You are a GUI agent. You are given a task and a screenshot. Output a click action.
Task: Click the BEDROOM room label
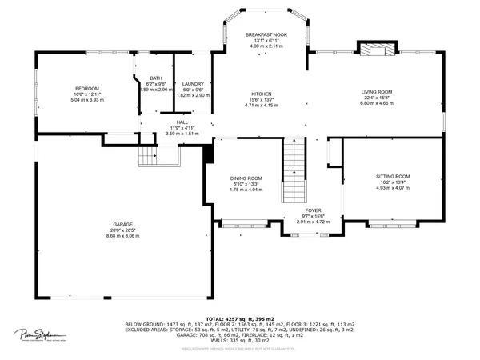pyautogui.click(x=87, y=88)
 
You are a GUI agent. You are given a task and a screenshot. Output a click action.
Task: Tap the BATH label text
pyautogui.click(x=156, y=78)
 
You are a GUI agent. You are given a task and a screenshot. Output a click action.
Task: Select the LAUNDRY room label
pyautogui.click(x=193, y=83)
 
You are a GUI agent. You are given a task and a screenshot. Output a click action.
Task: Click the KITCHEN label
pyautogui.click(x=262, y=94)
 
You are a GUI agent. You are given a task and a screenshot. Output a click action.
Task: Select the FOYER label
pyautogui.click(x=313, y=210)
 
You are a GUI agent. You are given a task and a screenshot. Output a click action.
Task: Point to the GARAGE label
pyautogui.click(x=122, y=225)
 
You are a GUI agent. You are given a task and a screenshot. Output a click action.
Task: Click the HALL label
pyautogui.click(x=182, y=122)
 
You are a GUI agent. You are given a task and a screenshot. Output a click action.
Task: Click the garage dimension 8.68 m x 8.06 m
pyautogui.click(x=122, y=237)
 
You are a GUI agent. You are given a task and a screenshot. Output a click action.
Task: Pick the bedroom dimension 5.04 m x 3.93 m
pyautogui.click(x=87, y=100)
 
